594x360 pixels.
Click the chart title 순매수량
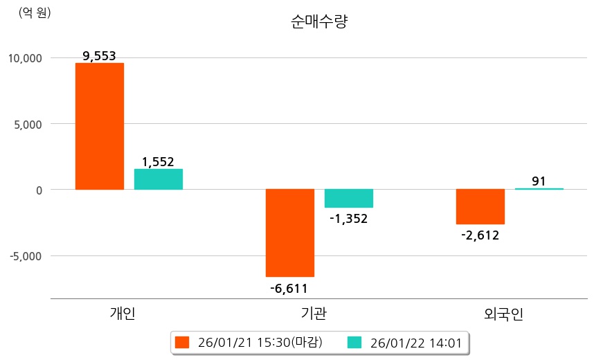pyautogui.click(x=319, y=22)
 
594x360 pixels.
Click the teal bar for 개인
pyautogui.click(x=159, y=179)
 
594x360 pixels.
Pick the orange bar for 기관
pyautogui.click(x=290, y=233)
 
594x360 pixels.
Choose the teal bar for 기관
pyautogui.click(x=349, y=198)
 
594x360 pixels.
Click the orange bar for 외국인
pyautogui.click(x=480, y=206)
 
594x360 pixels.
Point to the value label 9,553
pyautogui.click(x=99, y=57)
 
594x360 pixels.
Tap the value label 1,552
pyautogui.click(x=159, y=162)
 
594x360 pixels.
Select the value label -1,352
pyautogui.click(x=348, y=219)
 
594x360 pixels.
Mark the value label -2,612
pyautogui.click(x=480, y=235)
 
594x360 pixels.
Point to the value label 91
pyautogui.click(x=539, y=181)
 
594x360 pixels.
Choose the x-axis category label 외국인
pyautogui.click(x=504, y=314)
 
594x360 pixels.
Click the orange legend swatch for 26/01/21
pyautogui.click(x=182, y=343)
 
